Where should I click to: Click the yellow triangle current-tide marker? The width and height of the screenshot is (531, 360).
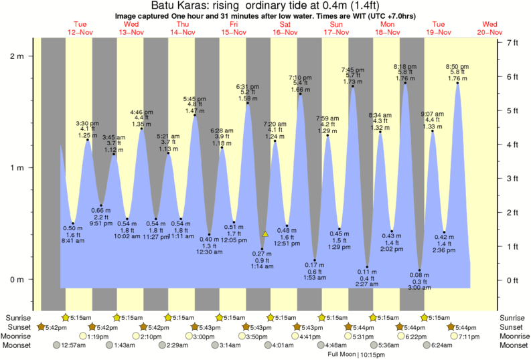pyautogui.click(x=265, y=234)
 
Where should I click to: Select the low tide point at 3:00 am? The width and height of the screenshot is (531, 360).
pyautogui.click(x=420, y=270)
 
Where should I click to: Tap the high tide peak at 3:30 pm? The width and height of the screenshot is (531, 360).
pyautogui.click(x=87, y=140)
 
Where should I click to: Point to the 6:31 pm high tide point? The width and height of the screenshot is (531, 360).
pyautogui.click(x=248, y=103)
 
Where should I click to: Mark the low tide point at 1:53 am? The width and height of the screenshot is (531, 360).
pyautogui.click(x=315, y=260)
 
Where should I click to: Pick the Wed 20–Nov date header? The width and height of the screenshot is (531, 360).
pyautogui.click(x=490, y=27)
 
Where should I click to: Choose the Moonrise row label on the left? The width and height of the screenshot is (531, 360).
pyautogui.click(x=19, y=336)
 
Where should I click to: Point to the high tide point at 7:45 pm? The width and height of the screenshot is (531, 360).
pyautogui.click(x=353, y=86)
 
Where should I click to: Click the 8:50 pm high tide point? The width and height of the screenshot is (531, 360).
pyautogui.click(x=458, y=83)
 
